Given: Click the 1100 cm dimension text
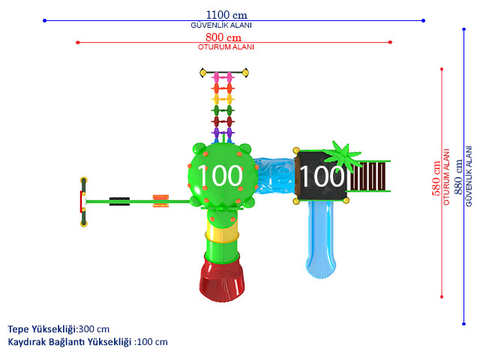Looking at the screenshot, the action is pos(226,15).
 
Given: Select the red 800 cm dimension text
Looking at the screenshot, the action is pos(223,37).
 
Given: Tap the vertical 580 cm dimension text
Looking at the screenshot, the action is pos(436,178).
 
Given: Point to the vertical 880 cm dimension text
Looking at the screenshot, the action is pos(458,177).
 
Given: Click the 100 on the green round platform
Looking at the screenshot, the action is pos(220,175).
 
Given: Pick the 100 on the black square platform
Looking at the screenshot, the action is pos(322,175).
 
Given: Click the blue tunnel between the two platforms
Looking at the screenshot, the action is pos(274,175).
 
